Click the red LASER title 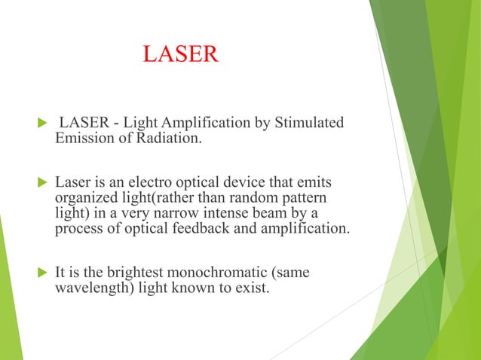(x=180, y=54)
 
